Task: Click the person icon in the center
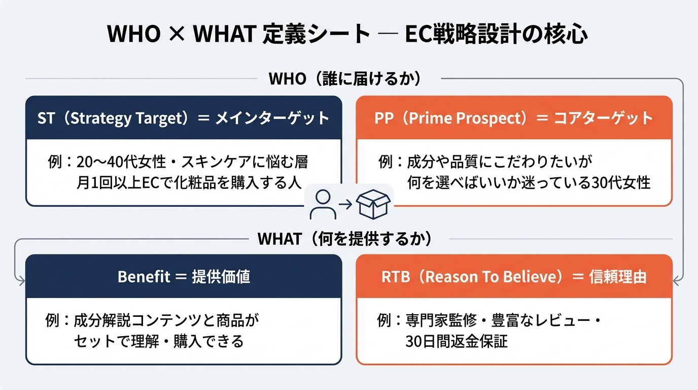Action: pos(323,205)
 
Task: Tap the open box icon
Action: pos(373,204)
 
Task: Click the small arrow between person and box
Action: pos(345,204)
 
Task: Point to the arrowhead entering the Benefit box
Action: pos(21,281)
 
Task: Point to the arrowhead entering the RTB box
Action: pos(677,281)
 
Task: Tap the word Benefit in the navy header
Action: pos(144,276)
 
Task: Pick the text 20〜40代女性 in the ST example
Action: pos(121,162)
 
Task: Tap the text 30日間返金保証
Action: pos(457,341)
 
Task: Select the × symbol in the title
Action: pos(177,34)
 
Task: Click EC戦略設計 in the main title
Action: pos(463,34)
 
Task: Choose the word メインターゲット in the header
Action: pos(272,118)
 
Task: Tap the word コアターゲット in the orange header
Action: pos(604,118)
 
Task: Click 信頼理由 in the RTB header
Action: pos(618,277)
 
